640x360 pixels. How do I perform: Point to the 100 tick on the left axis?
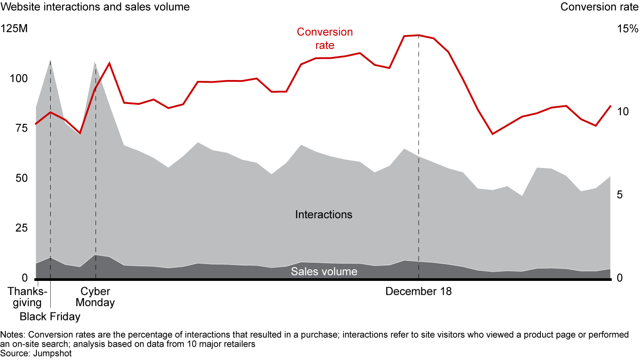pyautogui.click(x=19, y=79)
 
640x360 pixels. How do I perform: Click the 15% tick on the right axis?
pyautogui.click(x=627, y=29)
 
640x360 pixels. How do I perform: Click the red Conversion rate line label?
pyautogui.click(x=324, y=38)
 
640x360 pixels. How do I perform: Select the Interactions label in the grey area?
pyautogui.click(x=324, y=215)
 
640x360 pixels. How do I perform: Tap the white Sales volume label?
pyautogui.click(x=324, y=272)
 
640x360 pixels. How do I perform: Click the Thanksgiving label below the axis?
pyautogui.click(x=27, y=297)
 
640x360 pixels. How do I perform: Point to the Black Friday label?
pyautogui.click(x=50, y=317)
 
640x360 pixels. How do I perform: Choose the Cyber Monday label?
pyautogui.click(x=95, y=297)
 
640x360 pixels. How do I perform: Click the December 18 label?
pyautogui.click(x=418, y=292)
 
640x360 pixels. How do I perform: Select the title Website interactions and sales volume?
pyautogui.click(x=95, y=7)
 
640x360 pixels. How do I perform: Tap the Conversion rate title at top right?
pyautogui.click(x=600, y=7)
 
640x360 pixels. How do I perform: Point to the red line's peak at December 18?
pyautogui.click(x=419, y=35)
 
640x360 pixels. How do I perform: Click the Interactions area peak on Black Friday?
pyautogui.click(x=50, y=60)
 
